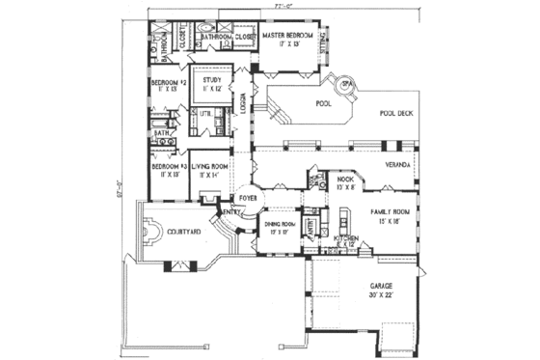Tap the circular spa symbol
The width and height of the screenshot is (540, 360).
(344, 83)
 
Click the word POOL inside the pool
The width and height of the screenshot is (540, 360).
(323, 102)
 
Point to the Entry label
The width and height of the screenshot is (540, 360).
(231, 212)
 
